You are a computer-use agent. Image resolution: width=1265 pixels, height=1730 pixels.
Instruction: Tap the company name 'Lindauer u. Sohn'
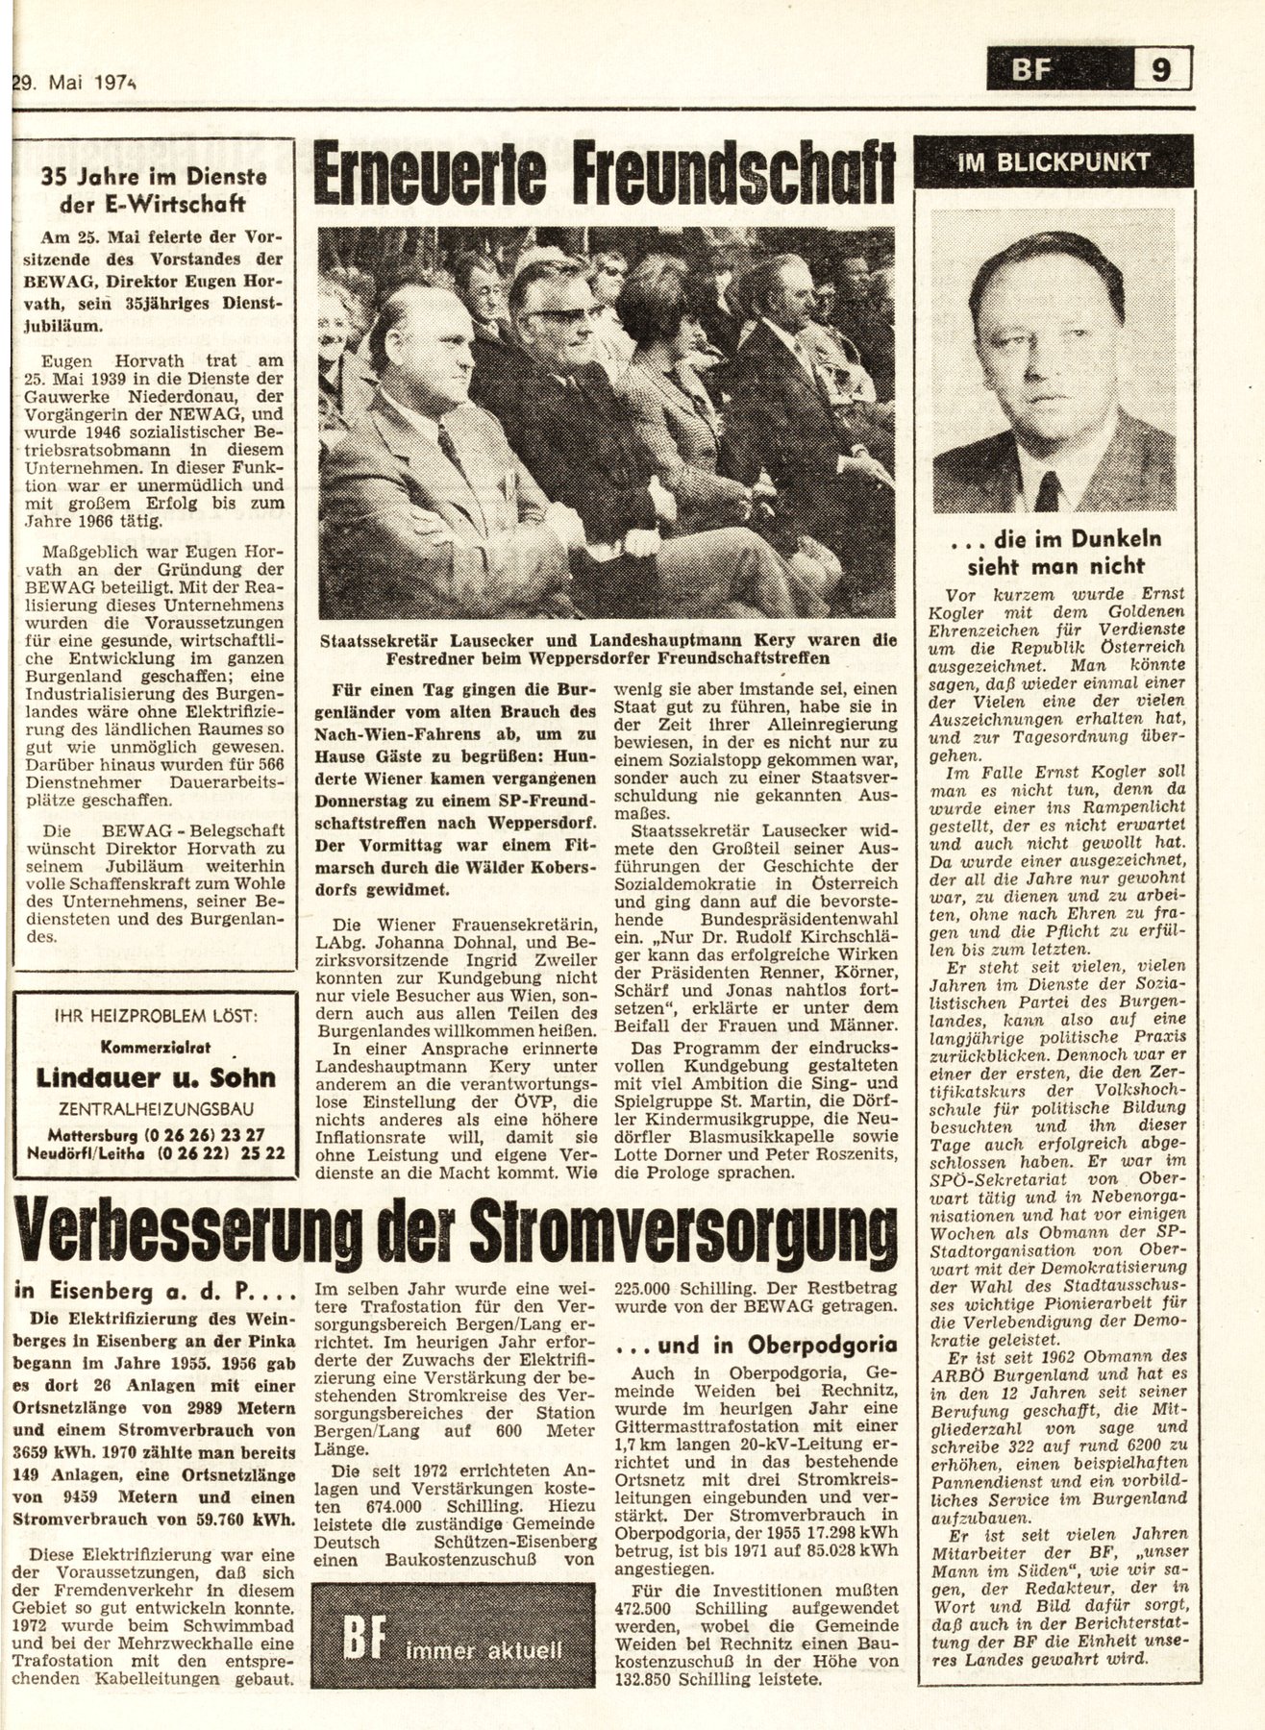(157, 1078)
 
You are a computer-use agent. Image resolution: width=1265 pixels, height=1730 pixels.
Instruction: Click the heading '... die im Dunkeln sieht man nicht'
(1054, 552)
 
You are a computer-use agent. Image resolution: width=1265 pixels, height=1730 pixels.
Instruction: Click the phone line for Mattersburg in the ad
(157, 1133)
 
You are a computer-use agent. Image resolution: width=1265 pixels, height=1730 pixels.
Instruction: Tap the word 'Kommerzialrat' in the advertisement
(157, 1046)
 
